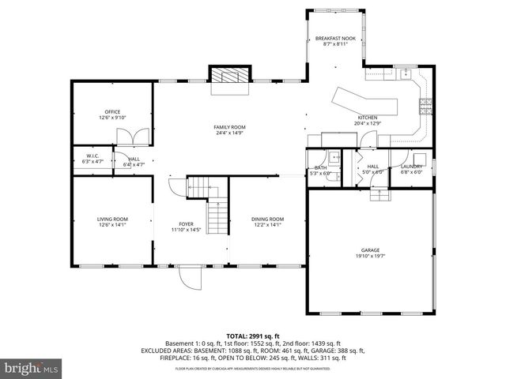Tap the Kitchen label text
pos(368,118)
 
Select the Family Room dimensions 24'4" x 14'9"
pos(229,133)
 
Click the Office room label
pos(112,112)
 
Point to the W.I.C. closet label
pos(93,156)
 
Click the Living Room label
pos(112,219)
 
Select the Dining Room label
pos(267,219)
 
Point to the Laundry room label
pos(411,166)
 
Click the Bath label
pos(320,167)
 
